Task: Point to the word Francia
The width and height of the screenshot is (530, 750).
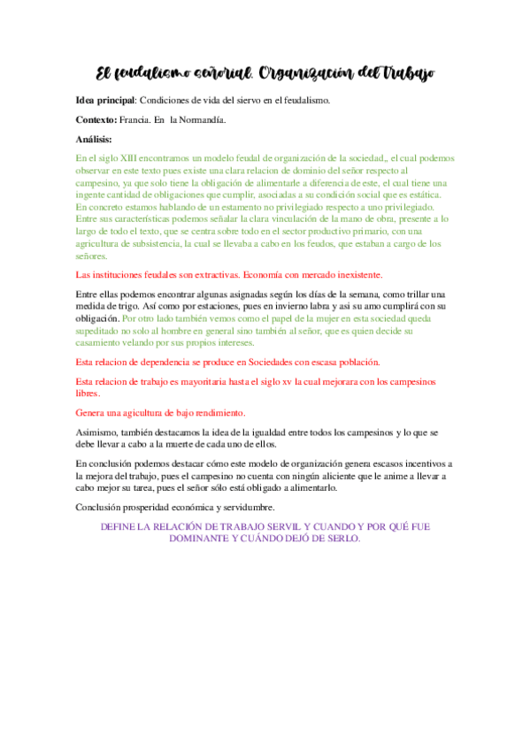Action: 136,119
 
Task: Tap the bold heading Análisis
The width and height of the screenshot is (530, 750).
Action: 95,139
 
